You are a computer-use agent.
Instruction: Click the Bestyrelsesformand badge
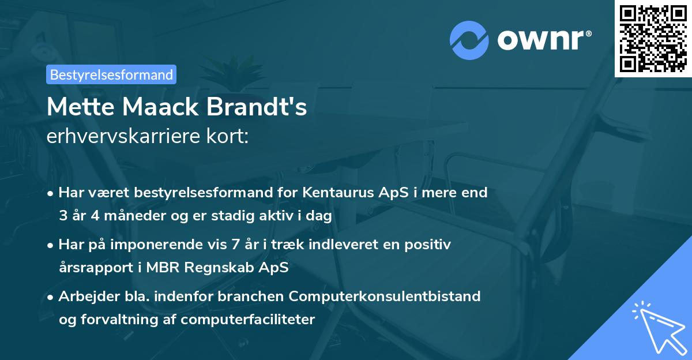pos(111,74)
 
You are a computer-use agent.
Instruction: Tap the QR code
pos(653,38)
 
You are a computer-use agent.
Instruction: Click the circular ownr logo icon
pos(469,40)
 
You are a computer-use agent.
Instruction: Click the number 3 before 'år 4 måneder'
pos(62,216)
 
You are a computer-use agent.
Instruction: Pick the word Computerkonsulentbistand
pos(385,296)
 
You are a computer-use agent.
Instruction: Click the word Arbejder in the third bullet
pos(83,296)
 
